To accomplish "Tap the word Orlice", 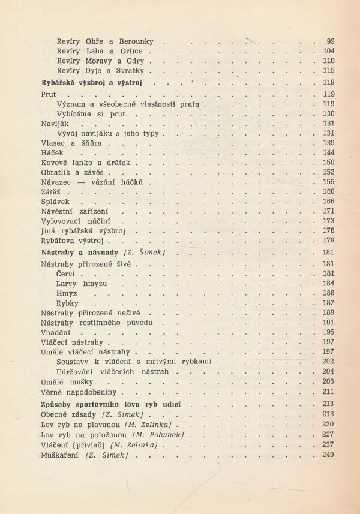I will (131, 51).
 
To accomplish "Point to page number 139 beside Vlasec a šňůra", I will (328, 143).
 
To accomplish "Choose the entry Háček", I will (52, 152).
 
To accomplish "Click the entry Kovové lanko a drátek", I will (85, 162).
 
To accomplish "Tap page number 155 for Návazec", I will (328, 182).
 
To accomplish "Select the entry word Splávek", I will (56, 201).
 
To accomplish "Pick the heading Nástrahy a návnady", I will (79, 253).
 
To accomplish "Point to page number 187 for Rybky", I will (328, 303).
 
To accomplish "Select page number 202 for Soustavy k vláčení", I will (328, 361).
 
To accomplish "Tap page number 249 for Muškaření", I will (328, 455).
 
